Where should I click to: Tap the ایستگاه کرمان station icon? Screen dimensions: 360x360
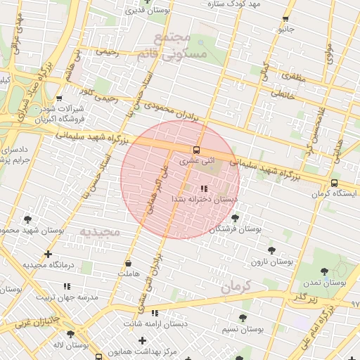(x=335, y=183)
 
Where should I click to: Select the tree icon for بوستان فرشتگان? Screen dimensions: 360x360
(x=235, y=218)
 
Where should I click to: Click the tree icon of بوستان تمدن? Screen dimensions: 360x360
(x=324, y=271)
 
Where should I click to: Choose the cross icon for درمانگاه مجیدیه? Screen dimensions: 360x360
(x=48, y=254)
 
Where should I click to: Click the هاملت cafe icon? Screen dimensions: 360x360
(x=128, y=262)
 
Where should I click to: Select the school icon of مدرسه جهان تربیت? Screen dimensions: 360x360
(x=67, y=286)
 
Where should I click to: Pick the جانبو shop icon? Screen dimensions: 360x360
(x=285, y=19)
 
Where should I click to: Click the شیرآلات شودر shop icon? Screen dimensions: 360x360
(x=59, y=98)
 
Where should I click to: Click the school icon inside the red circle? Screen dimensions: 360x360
(x=204, y=188)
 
